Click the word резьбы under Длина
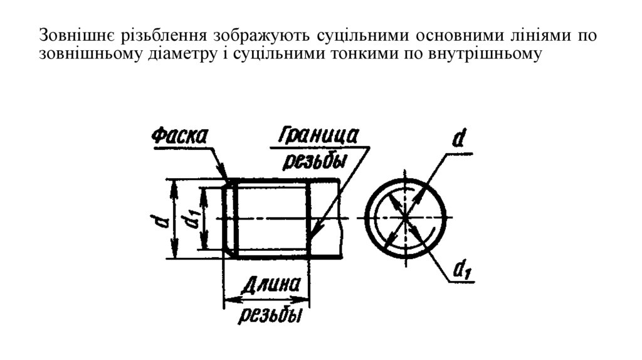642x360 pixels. coord(268,314)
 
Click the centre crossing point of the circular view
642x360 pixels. coord(406,218)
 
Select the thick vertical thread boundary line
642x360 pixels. coord(308,220)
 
